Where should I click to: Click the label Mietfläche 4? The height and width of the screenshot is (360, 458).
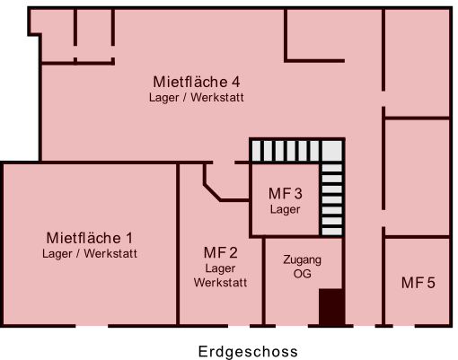[197, 82]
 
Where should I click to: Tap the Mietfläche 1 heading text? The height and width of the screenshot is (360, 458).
[90, 238]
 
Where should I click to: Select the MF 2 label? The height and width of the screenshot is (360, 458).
[221, 253]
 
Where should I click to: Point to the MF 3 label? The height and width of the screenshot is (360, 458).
[286, 194]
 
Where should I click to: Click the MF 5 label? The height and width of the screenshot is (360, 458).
[418, 283]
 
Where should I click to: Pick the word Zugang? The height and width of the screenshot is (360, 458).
[303, 260]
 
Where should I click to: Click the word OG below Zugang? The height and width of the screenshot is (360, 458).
[303, 274]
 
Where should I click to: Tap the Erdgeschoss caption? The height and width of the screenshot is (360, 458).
[248, 352]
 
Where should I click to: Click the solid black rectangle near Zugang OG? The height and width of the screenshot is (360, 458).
[330, 307]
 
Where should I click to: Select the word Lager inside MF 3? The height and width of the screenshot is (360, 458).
[285, 209]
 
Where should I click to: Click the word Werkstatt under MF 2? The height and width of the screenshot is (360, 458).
[220, 283]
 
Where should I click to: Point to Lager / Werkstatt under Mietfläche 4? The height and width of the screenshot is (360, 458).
[197, 98]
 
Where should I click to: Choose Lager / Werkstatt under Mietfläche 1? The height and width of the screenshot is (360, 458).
[90, 254]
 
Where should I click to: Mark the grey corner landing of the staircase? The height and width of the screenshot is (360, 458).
[332, 151]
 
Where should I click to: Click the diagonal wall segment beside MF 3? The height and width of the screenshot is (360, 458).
[213, 192]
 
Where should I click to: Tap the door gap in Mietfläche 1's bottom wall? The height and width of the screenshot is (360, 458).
[92, 326]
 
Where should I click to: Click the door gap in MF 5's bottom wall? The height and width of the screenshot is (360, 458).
[403, 326]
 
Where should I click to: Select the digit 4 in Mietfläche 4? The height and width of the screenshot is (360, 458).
[235, 83]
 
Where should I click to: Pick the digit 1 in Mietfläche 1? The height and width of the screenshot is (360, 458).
[129, 239]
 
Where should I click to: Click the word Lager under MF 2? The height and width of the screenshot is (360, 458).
[220, 268]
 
